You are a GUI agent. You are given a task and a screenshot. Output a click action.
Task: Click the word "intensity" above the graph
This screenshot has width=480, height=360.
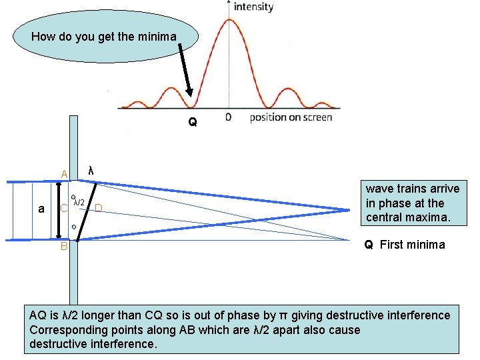click(253, 7)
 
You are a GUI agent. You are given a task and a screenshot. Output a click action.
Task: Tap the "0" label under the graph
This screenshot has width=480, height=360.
click(229, 117)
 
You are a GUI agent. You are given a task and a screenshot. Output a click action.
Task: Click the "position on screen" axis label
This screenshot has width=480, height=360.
click(291, 117)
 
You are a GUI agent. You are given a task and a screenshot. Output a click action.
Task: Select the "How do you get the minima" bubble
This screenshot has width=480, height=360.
click(104, 37)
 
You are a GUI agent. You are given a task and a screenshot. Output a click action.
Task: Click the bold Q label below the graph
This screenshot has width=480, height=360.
click(192, 123)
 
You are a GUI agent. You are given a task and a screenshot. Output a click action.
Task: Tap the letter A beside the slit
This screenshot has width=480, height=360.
click(64, 175)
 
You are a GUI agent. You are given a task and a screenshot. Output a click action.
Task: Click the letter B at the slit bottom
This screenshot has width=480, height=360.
click(64, 247)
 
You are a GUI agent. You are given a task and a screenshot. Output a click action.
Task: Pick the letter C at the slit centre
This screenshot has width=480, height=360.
click(64, 208)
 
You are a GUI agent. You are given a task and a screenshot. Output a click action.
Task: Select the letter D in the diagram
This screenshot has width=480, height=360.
click(98, 208)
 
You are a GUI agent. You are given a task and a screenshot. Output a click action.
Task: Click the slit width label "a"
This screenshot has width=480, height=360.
click(41, 209)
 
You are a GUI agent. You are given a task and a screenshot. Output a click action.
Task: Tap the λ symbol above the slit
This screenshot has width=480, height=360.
click(91, 171)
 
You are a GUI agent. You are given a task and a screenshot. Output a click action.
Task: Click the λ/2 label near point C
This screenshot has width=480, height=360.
click(79, 201)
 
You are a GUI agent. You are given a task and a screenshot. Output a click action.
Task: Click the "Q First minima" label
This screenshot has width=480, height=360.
click(404, 244)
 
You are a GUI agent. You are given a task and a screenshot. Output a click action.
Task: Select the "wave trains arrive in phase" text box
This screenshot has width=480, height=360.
click(412, 203)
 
